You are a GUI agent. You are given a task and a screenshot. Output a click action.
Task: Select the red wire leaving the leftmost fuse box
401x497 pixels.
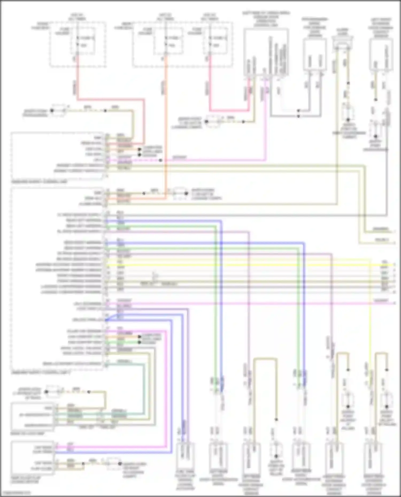[x=78, y=80]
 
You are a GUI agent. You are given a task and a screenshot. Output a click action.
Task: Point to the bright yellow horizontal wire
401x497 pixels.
[x=241, y=265]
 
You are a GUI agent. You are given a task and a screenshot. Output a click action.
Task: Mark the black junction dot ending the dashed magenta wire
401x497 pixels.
[x=160, y=160]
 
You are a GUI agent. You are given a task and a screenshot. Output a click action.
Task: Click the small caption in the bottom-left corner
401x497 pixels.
[x=16, y=493]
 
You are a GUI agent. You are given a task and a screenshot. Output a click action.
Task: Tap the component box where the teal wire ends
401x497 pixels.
[x=32, y=417]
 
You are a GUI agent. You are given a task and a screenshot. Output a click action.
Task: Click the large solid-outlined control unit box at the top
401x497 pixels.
[x=266, y=51]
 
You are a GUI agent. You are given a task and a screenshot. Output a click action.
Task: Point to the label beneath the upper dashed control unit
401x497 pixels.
[x=39, y=182]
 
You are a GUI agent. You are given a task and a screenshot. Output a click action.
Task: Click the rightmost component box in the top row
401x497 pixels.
[x=381, y=55]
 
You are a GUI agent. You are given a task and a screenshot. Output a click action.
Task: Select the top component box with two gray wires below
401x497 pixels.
[x=315, y=55]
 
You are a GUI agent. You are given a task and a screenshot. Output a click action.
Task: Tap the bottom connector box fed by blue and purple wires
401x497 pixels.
[x=185, y=455]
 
